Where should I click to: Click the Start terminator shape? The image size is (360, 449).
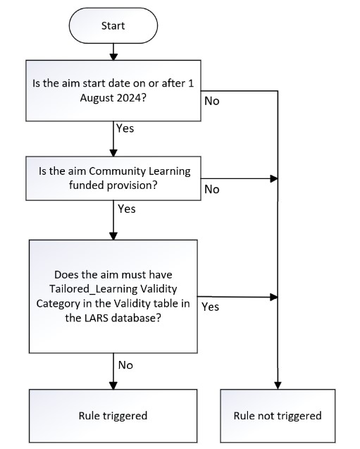click(113, 25)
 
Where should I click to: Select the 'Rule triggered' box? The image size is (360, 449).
click(113, 415)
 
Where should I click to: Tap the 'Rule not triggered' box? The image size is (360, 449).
click(277, 415)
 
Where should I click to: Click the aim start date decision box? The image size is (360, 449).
click(113, 92)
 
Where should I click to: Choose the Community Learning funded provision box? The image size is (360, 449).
click(113, 177)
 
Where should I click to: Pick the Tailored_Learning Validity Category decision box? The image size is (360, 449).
click(113, 296)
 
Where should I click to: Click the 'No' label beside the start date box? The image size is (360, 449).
click(211, 101)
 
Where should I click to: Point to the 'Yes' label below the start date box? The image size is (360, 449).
click(124, 129)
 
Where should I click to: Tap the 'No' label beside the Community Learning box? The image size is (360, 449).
click(211, 189)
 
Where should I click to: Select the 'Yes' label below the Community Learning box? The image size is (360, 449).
click(127, 209)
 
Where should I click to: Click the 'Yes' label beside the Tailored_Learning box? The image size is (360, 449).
click(211, 307)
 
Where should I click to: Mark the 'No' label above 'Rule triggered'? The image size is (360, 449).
click(125, 365)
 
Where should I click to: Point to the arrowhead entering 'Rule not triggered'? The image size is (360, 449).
click(278, 384)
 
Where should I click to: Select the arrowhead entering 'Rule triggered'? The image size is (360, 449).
click(113, 384)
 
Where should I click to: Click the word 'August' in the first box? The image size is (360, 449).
click(98, 99)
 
